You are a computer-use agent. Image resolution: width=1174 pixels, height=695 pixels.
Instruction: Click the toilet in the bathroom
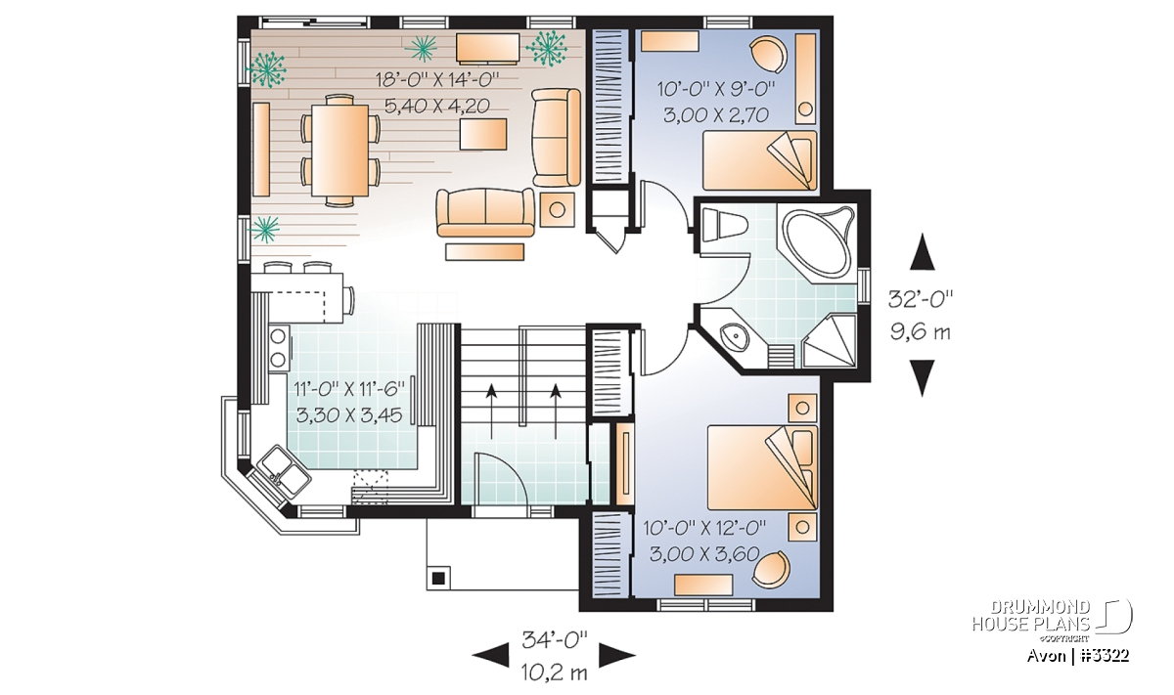(x=723, y=225)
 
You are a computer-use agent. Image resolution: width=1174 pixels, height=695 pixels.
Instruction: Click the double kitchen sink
(x=280, y=472)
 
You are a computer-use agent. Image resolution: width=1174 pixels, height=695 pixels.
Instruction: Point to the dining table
(x=339, y=151)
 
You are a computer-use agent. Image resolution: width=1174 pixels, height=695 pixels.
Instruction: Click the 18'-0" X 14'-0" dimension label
(x=437, y=80)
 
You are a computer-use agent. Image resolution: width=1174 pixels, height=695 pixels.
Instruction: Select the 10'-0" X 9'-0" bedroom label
(x=716, y=89)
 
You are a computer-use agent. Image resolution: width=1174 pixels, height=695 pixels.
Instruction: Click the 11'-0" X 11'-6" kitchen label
(x=349, y=389)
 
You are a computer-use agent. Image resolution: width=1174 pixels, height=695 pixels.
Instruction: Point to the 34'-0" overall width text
(x=555, y=639)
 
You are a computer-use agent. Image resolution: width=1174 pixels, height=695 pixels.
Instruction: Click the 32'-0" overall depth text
(x=921, y=299)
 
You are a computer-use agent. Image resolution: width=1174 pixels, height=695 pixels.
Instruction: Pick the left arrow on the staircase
(x=491, y=412)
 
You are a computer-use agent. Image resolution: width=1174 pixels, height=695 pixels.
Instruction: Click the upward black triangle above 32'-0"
(x=923, y=252)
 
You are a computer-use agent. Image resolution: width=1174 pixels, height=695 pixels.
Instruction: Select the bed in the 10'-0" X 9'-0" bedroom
(x=759, y=159)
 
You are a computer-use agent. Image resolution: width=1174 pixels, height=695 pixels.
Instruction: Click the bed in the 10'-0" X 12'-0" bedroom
(x=762, y=466)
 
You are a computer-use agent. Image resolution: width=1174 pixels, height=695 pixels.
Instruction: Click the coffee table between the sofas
(x=483, y=134)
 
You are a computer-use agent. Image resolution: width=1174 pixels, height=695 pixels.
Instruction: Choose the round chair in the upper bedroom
(x=768, y=55)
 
